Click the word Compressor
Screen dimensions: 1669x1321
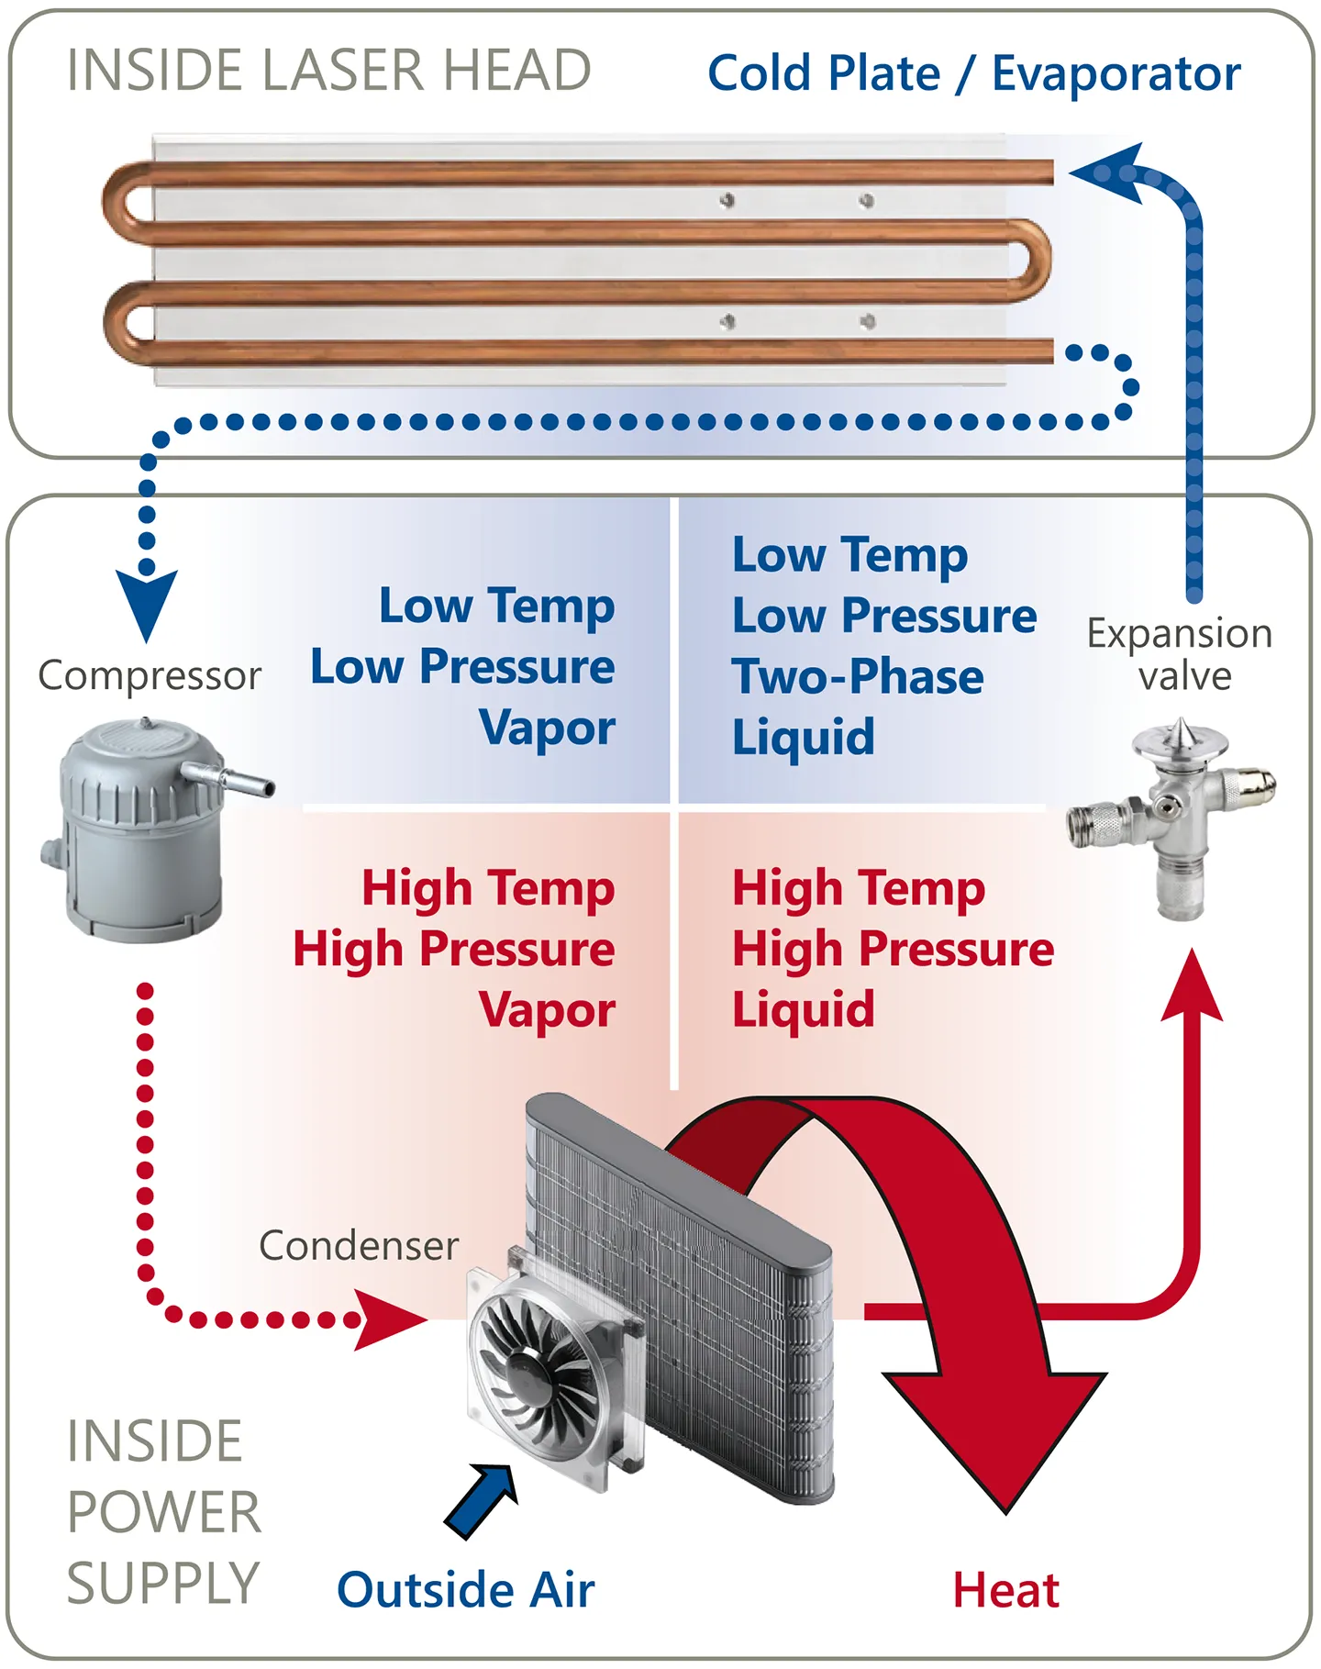pyautogui.click(x=150, y=676)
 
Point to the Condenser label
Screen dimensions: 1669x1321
pyautogui.click(x=359, y=1245)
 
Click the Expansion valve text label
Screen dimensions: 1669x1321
pyautogui.click(x=1180, y=654)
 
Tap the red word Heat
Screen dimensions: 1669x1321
pyautogui.click(x=1006, y=1590)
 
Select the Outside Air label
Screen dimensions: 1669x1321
pyautogui.click(x=466, y=1590)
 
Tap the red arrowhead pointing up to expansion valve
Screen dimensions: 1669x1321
pyautogui.click(x=1192, y=986)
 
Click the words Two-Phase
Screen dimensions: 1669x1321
pyautogui.click(x=858, y=676)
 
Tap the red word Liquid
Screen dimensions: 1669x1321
pyautogui.click(x=804, y=1009)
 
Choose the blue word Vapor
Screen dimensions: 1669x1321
pyautogui.click(x=547, y=728)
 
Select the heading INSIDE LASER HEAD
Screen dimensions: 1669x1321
pyautogui.click(x=328, y=71)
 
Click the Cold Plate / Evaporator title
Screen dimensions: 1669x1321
pyautogui.click(x=973, y=73)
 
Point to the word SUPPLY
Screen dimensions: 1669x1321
pyautogui.click(x=163, y=1583)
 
